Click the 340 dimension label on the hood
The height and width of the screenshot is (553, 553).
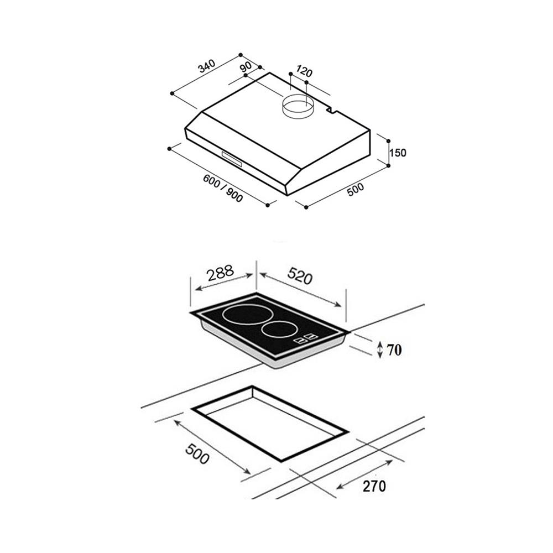(x=207, y=66)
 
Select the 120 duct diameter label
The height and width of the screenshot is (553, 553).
(x=304, y=71)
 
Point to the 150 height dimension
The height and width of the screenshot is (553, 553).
(x=398, y=153)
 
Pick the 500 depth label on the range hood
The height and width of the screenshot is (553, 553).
(x=355, y=189)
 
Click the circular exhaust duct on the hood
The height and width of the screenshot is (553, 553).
(x=299, y=108)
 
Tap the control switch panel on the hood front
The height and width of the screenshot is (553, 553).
(x=232, y=159)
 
